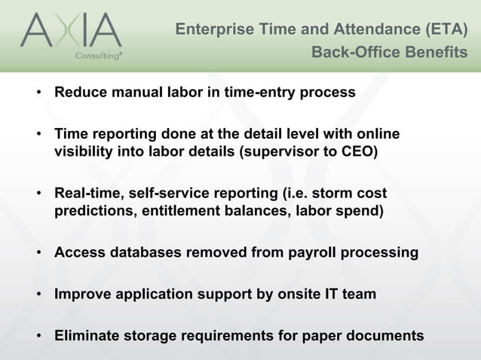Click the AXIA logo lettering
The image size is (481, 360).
click(71, 32)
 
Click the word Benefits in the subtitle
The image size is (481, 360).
click(436, 53)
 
